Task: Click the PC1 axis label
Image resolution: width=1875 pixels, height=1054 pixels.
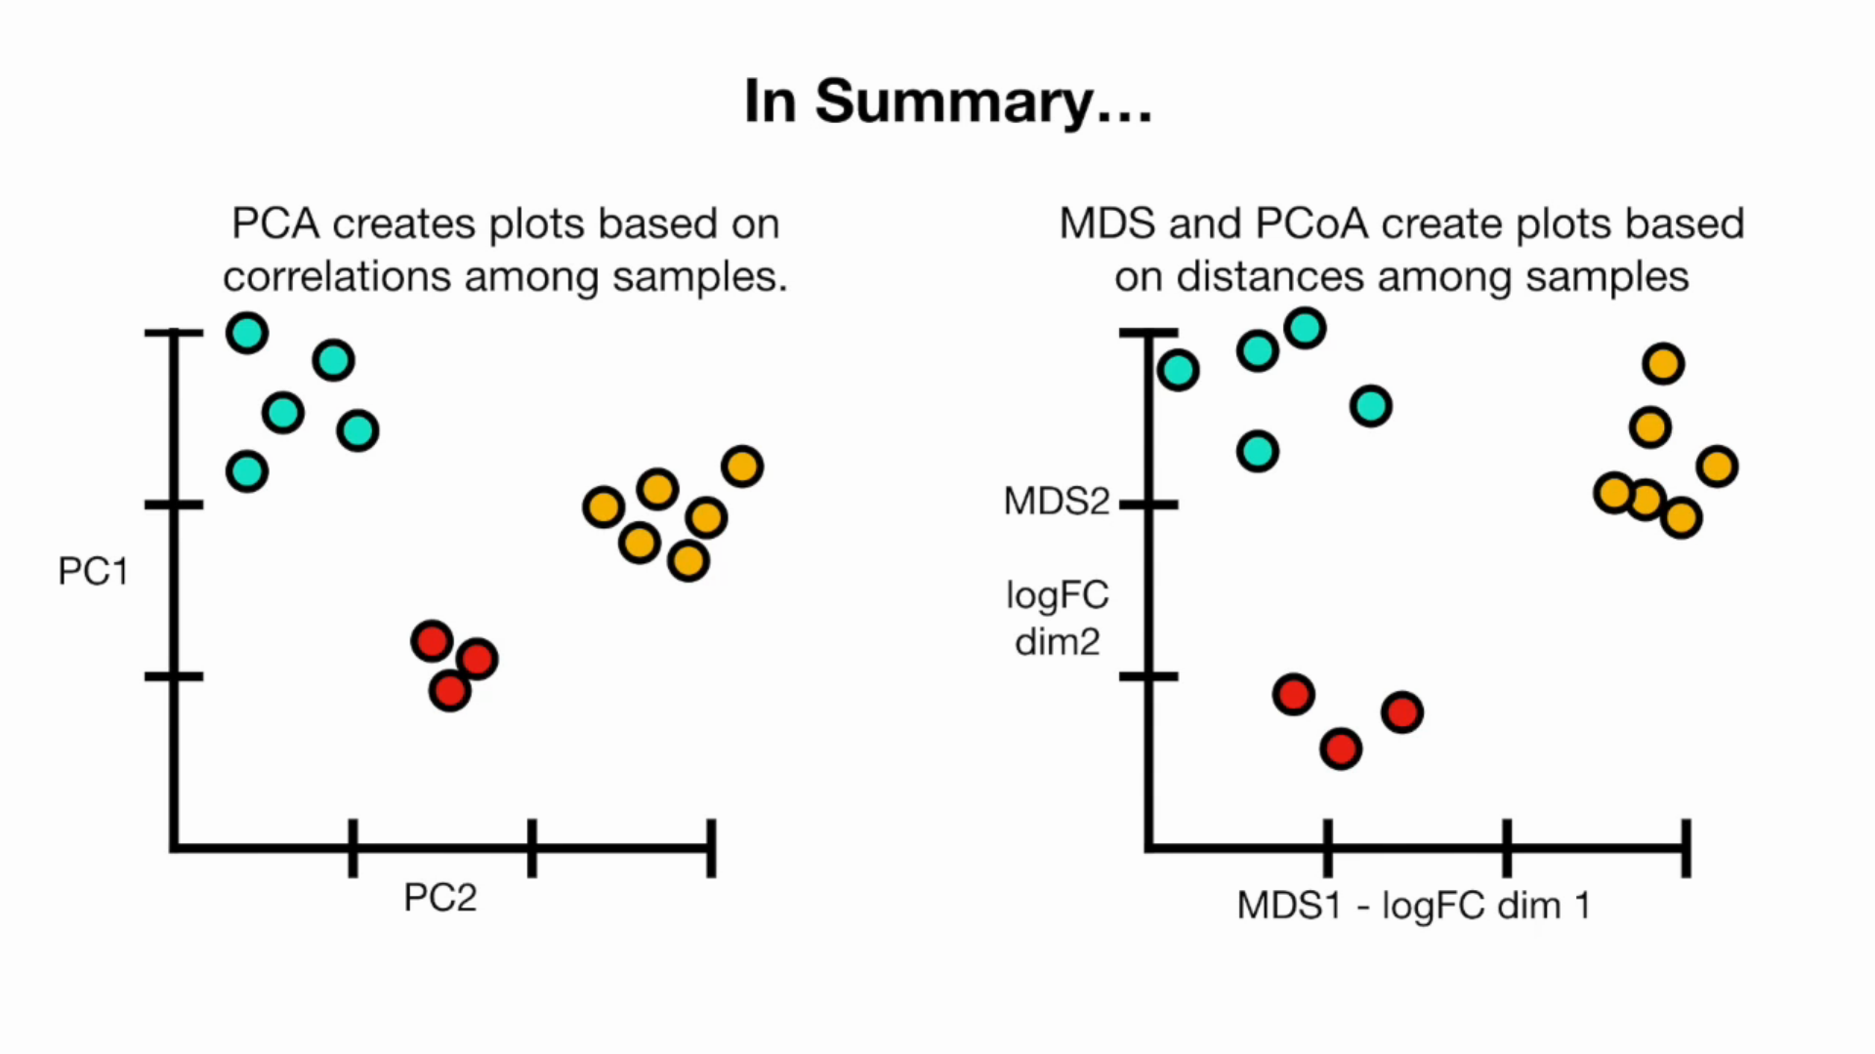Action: tap(93, 572)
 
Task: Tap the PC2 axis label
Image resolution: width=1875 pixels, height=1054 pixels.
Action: tap(440, 898)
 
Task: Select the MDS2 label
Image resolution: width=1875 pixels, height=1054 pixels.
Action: tap(1057, 502)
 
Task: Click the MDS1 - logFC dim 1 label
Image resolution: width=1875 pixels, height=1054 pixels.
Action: tap(1413, 906)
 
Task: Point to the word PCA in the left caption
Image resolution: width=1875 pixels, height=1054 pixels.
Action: tap(275, 224)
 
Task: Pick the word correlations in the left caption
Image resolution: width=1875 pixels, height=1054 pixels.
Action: tap(337, 277)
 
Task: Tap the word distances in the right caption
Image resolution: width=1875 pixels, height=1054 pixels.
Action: tap(1270, 277)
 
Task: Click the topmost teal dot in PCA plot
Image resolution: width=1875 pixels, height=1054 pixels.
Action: tap(247, 334)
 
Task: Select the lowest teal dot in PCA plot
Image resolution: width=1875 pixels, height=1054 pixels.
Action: tap(247, 472)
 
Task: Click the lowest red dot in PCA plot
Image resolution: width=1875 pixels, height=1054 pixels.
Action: tap(450, 691)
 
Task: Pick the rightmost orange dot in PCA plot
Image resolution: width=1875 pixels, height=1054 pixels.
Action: tap(742, 466)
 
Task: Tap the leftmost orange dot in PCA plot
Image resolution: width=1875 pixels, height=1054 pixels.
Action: tap(604, 507)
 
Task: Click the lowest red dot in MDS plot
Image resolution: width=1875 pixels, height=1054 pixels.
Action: tap(1341, 749)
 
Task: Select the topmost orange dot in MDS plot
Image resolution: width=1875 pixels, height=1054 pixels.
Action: tap(1663, 364)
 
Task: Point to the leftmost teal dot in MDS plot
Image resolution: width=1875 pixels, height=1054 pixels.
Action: tap(1179, 370)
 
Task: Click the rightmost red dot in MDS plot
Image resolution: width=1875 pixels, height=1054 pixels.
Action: tap(1402, 712)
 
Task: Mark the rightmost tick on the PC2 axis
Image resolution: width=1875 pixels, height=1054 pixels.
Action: tap(711, 847)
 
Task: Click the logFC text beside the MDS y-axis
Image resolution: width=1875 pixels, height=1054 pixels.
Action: tap(1057, 595)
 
